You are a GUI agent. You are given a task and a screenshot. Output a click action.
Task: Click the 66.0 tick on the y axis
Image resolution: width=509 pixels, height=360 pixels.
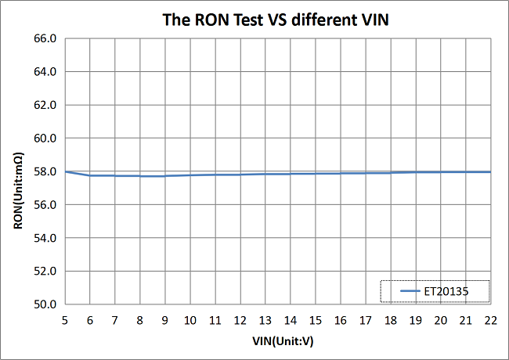pos(45,38)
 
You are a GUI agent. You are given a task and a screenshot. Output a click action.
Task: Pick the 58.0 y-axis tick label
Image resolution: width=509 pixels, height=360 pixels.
pos(45,171)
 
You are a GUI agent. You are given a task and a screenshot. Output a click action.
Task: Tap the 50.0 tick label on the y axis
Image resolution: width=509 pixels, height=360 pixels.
pos(45,304)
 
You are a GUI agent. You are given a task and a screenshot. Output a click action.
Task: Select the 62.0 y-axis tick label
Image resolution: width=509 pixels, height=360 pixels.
pos(45,105)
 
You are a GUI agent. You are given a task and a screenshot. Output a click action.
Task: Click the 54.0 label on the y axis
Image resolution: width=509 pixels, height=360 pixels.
pos(45,238)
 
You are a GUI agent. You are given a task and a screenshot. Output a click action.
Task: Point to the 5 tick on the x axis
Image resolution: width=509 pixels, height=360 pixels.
pos(64,321)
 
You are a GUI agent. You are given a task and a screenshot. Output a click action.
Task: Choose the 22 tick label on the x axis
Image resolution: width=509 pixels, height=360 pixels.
pos(490,321)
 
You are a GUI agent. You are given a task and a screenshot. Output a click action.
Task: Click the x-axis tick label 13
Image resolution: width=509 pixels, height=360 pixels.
pos(265,321)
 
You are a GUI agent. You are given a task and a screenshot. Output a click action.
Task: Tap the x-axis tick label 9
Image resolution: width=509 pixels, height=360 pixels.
pos(164,321)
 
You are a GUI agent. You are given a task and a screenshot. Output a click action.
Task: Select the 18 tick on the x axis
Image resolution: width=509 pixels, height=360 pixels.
pos(390,321)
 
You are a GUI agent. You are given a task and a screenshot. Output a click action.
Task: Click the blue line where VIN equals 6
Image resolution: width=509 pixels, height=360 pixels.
pos(89,175)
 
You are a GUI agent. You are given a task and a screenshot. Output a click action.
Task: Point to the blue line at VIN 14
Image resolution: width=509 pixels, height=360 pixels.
pos(290,174)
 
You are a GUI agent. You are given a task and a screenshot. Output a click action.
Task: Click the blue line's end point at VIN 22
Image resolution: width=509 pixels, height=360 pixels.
pos(490,171)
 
